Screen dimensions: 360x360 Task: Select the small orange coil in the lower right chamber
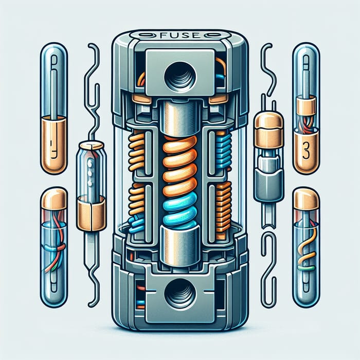(223, 201)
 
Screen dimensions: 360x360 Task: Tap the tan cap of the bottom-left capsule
(53, 199)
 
